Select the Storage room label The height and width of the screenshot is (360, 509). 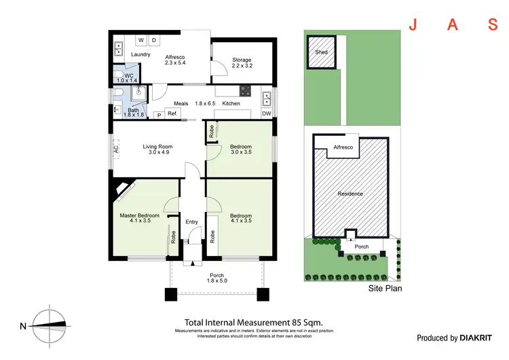(x=242, y=59)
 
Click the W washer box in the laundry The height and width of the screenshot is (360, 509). (x=142, y=40)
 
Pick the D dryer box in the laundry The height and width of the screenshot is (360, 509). (x=155, y=40)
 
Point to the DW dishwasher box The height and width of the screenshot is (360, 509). (x=266, y=113)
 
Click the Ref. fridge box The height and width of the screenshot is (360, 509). (x=172, y=114)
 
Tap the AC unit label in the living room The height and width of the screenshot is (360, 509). (x=116, y=148)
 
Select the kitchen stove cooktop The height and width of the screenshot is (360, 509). (x=245, y=92)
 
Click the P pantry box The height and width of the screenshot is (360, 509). (x=159, y=115)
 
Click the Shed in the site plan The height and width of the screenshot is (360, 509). (x=319, y=52)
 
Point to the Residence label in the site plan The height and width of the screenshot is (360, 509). (x=351, y=194)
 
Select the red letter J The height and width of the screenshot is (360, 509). (x=412, y=25)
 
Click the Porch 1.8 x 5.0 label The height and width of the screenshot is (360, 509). (x=217, y=278)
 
